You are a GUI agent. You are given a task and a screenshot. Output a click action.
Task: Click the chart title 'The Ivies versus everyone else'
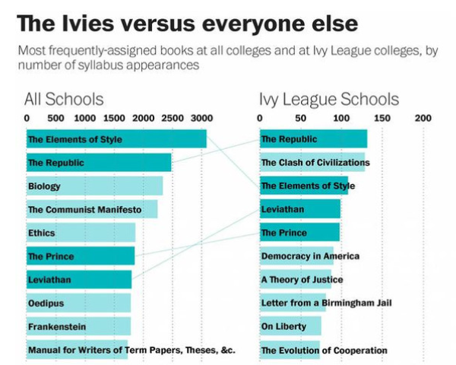(187, 23)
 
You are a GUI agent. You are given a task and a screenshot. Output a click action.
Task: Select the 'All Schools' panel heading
(64, 99)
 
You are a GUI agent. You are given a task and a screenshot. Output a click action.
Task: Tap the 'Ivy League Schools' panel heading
(328, 99)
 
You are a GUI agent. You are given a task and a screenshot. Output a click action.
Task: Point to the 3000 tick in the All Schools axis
(201, 119)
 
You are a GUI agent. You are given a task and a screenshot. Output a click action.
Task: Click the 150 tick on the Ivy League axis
(382, 119)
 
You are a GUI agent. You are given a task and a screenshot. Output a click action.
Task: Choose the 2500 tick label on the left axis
(172, 119)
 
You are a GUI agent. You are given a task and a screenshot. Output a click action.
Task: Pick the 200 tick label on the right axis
(423, 119)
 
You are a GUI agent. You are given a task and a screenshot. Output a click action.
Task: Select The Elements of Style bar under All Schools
(116, 139)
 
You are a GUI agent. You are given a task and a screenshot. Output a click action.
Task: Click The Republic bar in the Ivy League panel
(312, 139)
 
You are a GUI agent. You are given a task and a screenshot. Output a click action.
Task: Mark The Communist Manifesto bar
(91, 209)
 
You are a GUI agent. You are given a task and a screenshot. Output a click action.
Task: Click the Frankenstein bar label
(57, 327)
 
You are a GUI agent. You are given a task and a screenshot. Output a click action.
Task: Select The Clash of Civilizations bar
(312, 162)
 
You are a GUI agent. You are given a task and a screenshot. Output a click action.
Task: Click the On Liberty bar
(290, 327)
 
